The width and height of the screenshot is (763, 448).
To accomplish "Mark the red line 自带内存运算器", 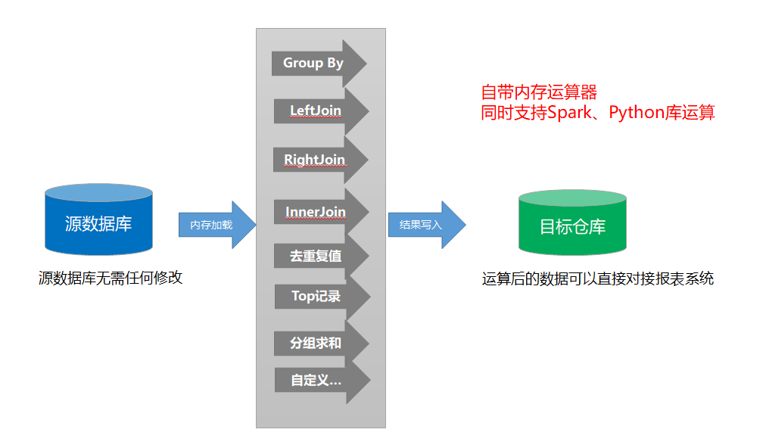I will (x=539, y=93).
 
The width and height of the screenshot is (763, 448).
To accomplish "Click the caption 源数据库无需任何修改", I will (x=111, y=278).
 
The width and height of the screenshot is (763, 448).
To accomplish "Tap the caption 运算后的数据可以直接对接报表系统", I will (x=597, y=278).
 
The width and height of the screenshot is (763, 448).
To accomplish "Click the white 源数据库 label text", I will (x=98, y=225).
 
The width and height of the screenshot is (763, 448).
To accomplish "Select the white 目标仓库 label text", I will (x=572, y=227).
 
